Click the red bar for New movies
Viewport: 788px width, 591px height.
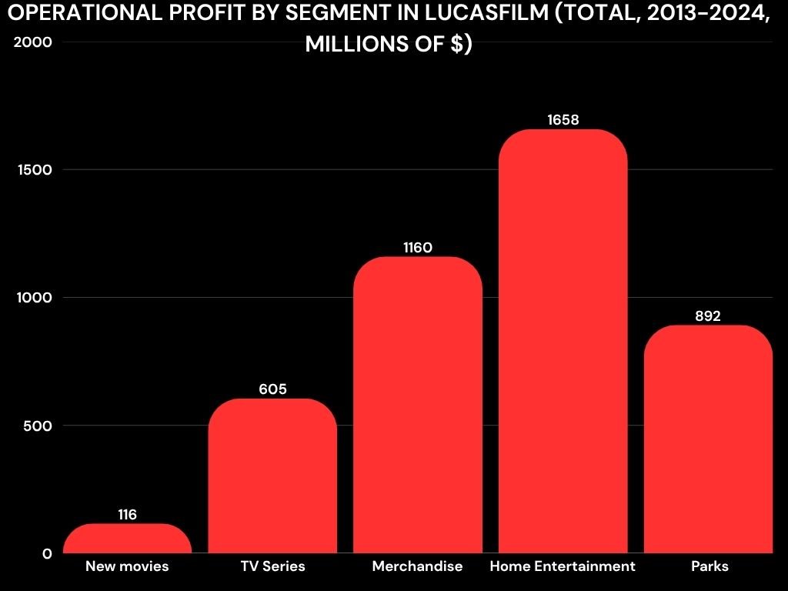(127, 539)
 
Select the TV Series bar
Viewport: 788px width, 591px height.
(272, 477)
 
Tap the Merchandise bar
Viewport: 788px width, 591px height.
(418, 408)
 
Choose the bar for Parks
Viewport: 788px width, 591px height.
(708, 439)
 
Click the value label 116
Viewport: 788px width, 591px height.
(128, 515)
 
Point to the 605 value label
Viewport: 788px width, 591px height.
(272, 389)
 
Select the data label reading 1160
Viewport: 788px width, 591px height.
(418, 248)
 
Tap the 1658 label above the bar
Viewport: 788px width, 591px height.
(563, 120)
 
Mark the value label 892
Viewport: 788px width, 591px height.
(708, 316)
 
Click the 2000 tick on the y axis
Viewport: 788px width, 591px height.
(33, 42)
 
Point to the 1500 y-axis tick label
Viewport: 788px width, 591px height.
(33, 170)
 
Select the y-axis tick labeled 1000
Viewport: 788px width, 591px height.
(33, 298)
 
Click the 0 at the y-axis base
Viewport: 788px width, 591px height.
(47, 553)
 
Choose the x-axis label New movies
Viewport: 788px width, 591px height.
(127, 566)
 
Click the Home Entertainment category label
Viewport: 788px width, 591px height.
(563, 566)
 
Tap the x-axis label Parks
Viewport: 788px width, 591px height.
(709, 566)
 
